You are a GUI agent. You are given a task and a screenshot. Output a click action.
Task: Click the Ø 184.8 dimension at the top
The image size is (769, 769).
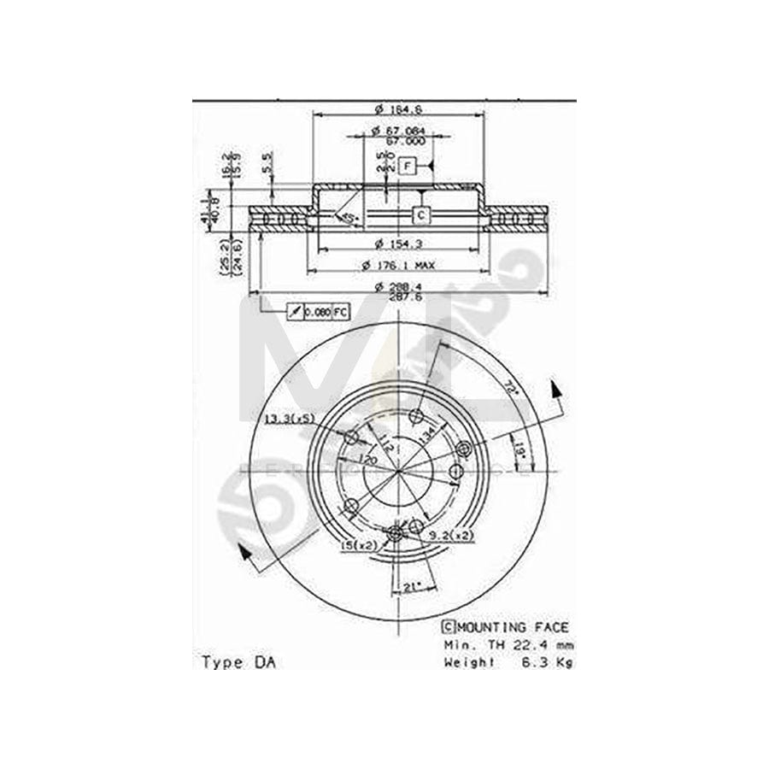pos(399,108)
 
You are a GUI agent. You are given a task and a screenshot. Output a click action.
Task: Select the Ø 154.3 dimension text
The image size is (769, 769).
pos(399,245)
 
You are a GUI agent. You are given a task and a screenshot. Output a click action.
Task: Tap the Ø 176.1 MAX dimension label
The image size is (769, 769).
pos(404,264)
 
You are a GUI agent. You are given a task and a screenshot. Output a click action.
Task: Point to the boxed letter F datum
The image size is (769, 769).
pos(408,165)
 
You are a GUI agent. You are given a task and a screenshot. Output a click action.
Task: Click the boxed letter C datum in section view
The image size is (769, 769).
pos(421,214)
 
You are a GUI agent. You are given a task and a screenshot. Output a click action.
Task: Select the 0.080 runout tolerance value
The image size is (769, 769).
pos(317,313)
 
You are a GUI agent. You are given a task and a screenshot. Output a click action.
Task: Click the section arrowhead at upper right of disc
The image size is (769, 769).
pos(556,390)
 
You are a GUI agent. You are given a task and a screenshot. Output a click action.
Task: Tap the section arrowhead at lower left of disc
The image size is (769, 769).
pos(246,555)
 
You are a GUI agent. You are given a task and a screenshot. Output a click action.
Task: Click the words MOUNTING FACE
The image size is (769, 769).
pos(514,627)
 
